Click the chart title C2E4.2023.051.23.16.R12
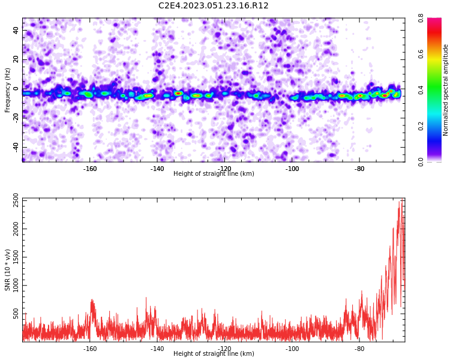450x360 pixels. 213,5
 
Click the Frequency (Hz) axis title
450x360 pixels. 7,90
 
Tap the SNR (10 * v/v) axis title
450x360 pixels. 7,270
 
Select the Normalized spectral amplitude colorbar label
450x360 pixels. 445,90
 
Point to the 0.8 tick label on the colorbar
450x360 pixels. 421,18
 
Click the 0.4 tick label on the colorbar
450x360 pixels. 421,90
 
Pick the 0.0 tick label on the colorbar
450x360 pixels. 421,162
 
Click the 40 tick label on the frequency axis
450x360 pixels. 16,30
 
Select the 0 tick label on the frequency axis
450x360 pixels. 16,89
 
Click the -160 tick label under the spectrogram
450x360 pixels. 90,169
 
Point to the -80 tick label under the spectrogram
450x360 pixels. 359,169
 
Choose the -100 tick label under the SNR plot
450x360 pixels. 292,349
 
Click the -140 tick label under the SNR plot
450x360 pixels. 157,349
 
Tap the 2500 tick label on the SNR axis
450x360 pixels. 16,200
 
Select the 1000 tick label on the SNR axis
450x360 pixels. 16,285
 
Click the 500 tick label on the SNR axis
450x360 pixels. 16,313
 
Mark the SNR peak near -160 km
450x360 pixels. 92,299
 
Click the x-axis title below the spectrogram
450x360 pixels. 214,173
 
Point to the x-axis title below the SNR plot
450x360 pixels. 214,353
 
